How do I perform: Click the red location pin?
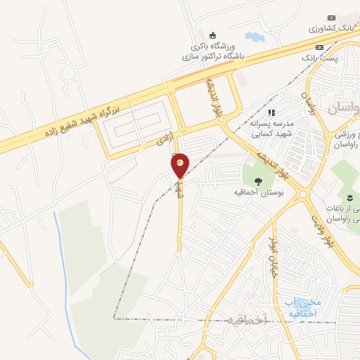(x=181, y=165)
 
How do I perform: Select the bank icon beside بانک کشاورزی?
(x=332, y=18)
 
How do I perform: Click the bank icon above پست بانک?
(x=321, y=47)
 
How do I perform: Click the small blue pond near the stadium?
(x=252, y=36)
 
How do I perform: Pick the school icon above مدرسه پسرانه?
(x=272, y=111)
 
